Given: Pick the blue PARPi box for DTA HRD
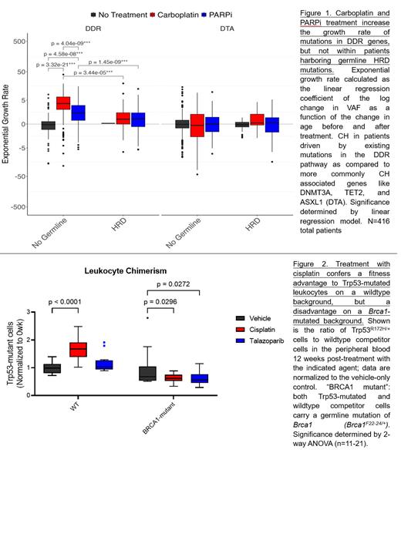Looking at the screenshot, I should coord(272,125).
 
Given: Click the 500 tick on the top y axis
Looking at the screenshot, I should coord(15,41).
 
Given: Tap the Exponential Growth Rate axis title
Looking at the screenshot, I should coord(6,123).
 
